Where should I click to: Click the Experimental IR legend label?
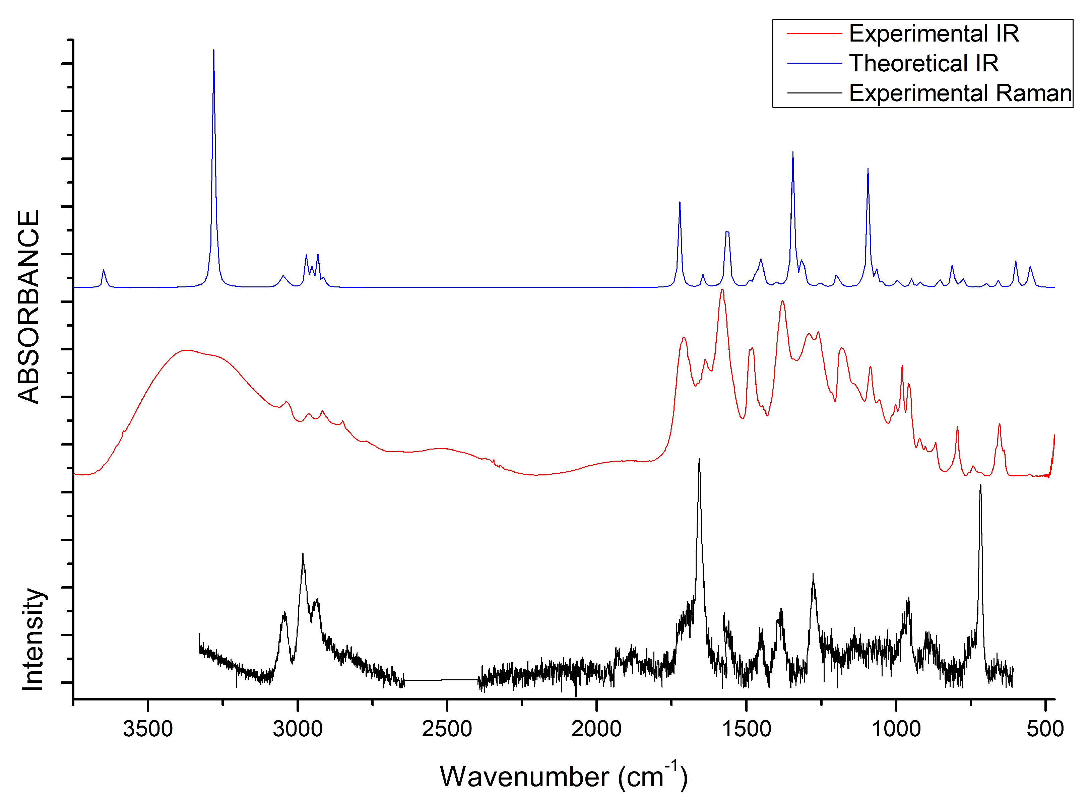click(x=934, y=34)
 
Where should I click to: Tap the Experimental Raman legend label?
click(x=960, y=93)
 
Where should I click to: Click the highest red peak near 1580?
click(x=722, y=290)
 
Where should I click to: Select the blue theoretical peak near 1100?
click(x=868, y=169)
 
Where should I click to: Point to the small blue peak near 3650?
click(x=103, y=270)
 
